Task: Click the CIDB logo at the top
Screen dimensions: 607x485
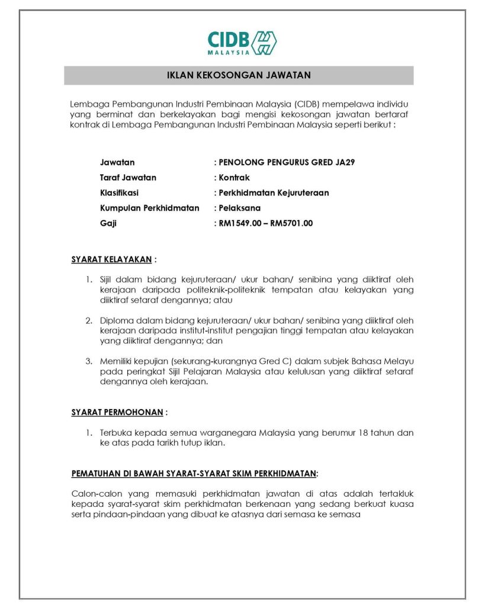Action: (242, 43)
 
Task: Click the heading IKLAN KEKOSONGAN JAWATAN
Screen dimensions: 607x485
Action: (239, 75)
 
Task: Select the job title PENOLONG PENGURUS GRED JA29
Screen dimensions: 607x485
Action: (287, 162)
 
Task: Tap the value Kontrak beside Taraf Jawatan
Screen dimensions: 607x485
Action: (235, 177)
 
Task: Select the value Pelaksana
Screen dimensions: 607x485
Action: (239, 208)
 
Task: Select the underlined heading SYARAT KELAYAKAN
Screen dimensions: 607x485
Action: (111, 259)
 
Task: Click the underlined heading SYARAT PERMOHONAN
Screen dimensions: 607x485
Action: (117, 411)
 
